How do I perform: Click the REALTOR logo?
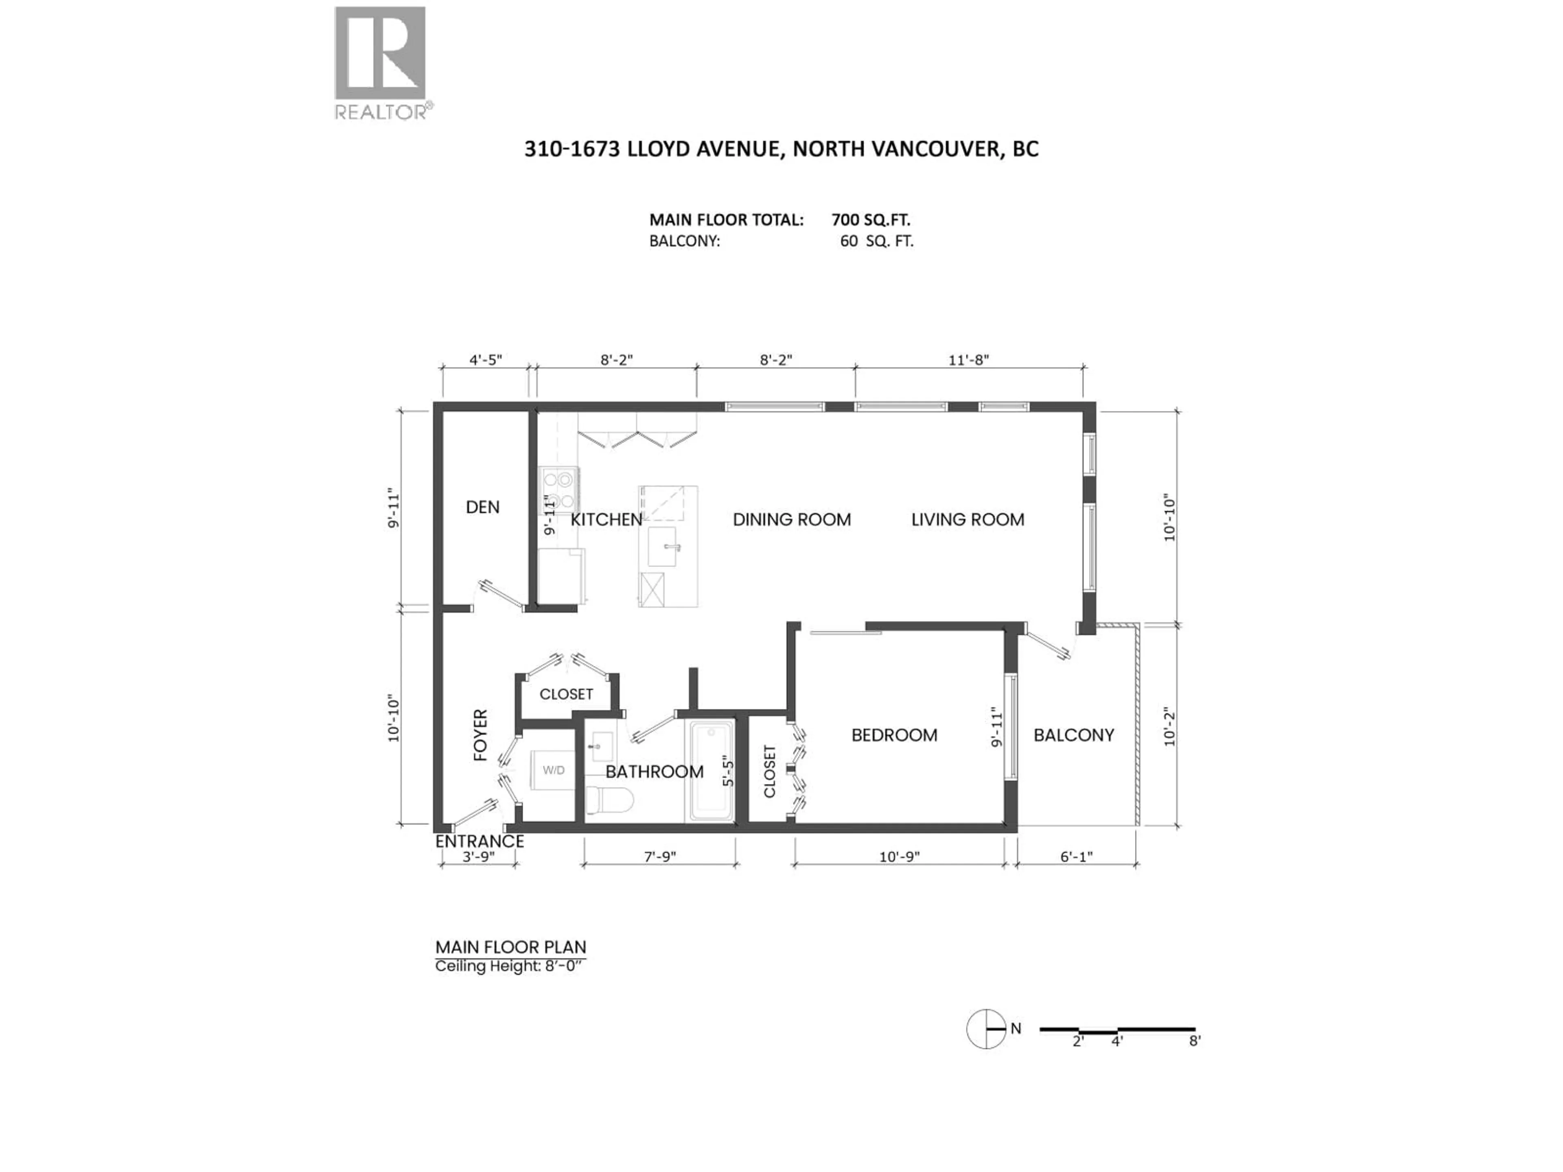380,62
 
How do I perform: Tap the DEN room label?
483,507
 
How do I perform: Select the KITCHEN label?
606,520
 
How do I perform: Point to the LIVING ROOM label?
968,520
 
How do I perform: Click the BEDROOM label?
894,735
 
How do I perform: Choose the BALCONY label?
1073,735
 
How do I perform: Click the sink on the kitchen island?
663,546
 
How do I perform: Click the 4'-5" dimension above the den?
486,360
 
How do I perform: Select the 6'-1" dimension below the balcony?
1076,857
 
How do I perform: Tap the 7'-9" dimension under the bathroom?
660,857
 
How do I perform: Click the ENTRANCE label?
479,842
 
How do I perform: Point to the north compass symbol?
986,1029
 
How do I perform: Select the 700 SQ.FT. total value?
871,220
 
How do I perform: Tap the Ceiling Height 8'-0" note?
510,966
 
